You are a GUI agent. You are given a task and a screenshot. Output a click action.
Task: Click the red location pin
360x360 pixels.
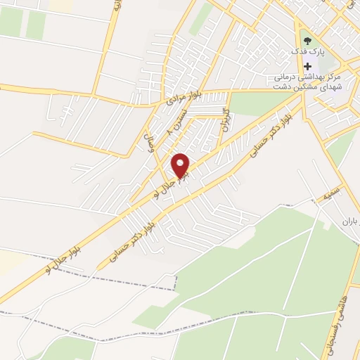tap(181, 166)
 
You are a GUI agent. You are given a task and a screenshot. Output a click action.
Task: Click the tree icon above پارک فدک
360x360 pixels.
tap(306, 40)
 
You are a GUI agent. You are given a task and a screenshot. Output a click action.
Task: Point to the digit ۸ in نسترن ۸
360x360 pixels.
tap(169, 131)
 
